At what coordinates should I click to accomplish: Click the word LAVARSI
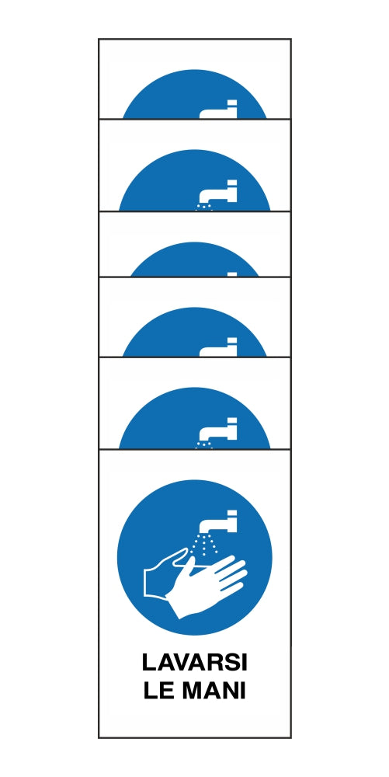[194, 663]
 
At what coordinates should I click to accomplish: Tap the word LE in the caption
[158, 691]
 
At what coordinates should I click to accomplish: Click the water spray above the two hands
[206, 545]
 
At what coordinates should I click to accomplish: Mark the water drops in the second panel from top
[204, 207]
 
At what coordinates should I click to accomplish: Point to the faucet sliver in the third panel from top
[232, 274]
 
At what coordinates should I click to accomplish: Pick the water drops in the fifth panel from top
[204, 444]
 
